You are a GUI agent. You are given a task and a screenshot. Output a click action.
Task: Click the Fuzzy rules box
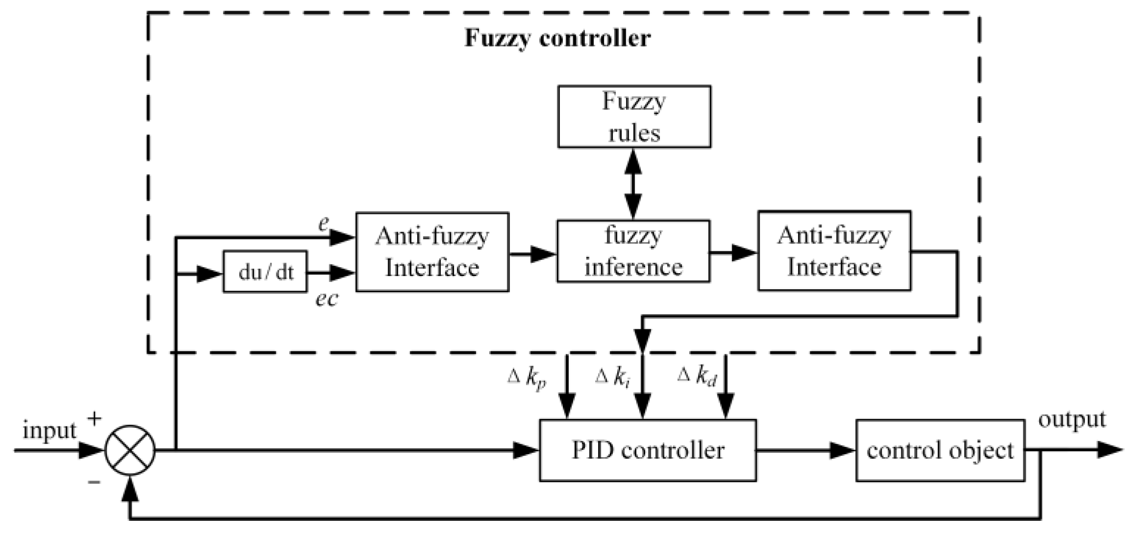634,116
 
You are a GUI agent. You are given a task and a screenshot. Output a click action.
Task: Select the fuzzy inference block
633,251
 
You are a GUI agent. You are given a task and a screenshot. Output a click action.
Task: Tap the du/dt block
265,272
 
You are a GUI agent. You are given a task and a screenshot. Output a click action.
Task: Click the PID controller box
648,450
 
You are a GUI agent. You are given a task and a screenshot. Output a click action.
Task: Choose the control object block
940,450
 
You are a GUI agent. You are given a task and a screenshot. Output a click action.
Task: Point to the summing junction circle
130,450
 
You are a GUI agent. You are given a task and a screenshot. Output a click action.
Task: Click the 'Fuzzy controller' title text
557,38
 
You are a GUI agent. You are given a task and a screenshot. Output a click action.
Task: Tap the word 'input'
49,431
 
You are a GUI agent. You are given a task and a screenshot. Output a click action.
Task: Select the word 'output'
1072,420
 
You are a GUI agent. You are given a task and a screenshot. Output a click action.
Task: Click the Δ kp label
527,378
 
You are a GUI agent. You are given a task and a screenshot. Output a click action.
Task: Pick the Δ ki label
612,378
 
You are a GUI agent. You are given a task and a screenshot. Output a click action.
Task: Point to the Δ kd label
697,377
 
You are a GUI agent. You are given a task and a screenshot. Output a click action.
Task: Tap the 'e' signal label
323,224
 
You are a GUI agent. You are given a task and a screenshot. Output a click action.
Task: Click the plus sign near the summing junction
94,419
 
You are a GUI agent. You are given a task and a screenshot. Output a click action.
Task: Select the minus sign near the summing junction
94,483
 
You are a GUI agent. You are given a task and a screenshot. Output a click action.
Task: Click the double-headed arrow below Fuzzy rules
633,184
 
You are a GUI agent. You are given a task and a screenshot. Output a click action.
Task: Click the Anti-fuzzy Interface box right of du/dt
433,252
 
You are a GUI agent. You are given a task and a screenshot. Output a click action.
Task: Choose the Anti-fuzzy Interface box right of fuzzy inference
834,251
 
